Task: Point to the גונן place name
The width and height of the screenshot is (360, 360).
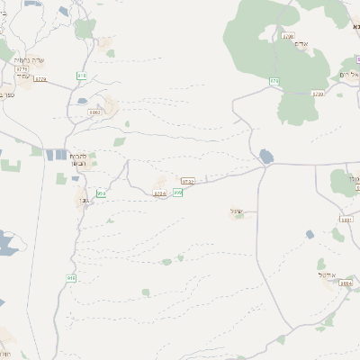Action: click(x=83, y=200)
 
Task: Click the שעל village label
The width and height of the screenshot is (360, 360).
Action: click(x=238, y=211)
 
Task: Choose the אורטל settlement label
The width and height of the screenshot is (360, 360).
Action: click(x=326, y=274)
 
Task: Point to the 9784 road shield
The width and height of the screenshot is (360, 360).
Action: click(x=160, y=193)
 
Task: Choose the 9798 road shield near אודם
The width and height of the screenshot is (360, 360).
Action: click(x=288, y=37)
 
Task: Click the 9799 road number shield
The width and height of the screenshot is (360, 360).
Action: click(x=317, y=93)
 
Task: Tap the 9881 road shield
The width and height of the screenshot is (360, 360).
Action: click(x=346, y=220)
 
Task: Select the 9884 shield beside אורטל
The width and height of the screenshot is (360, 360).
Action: click(x=346, y=283)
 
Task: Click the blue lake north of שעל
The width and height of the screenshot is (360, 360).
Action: click(x=266, y=157)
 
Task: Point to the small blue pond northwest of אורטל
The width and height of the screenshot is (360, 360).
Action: click(x=310, y=234)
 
